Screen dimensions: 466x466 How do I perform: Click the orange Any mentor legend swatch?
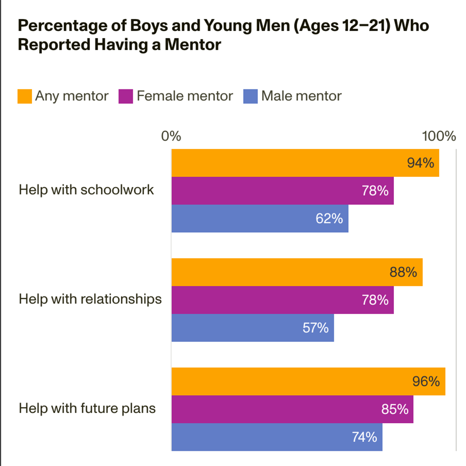click(x=25, y=96)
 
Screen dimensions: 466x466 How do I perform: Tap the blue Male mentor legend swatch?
click(x=251, y=96)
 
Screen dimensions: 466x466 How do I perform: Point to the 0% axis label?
click(x=171, y=136)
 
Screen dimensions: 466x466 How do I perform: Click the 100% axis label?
click(x=439, y=136)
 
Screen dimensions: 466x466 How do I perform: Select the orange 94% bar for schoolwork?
click(x=305, y=163)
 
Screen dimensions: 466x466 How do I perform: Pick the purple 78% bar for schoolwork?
click(x=283, y=191)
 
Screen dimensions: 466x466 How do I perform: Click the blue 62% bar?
click(x=260, y=218)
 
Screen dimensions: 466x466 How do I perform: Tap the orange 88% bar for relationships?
click(x=297, y=272)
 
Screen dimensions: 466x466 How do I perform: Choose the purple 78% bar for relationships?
click(x=283, y=300)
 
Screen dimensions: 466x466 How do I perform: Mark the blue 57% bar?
click(x=252, y=327)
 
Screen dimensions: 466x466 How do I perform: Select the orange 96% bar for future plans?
click(x=308, y=381)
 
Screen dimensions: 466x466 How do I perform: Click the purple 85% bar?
click(x=292, y=409)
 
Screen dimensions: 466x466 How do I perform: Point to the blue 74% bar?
click(x=277, y=437)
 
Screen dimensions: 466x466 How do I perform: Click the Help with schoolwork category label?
click(x=86, y=190)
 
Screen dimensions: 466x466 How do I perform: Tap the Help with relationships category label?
click(x=90, y=299)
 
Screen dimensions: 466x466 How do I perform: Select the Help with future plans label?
click(x=87, y=408)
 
